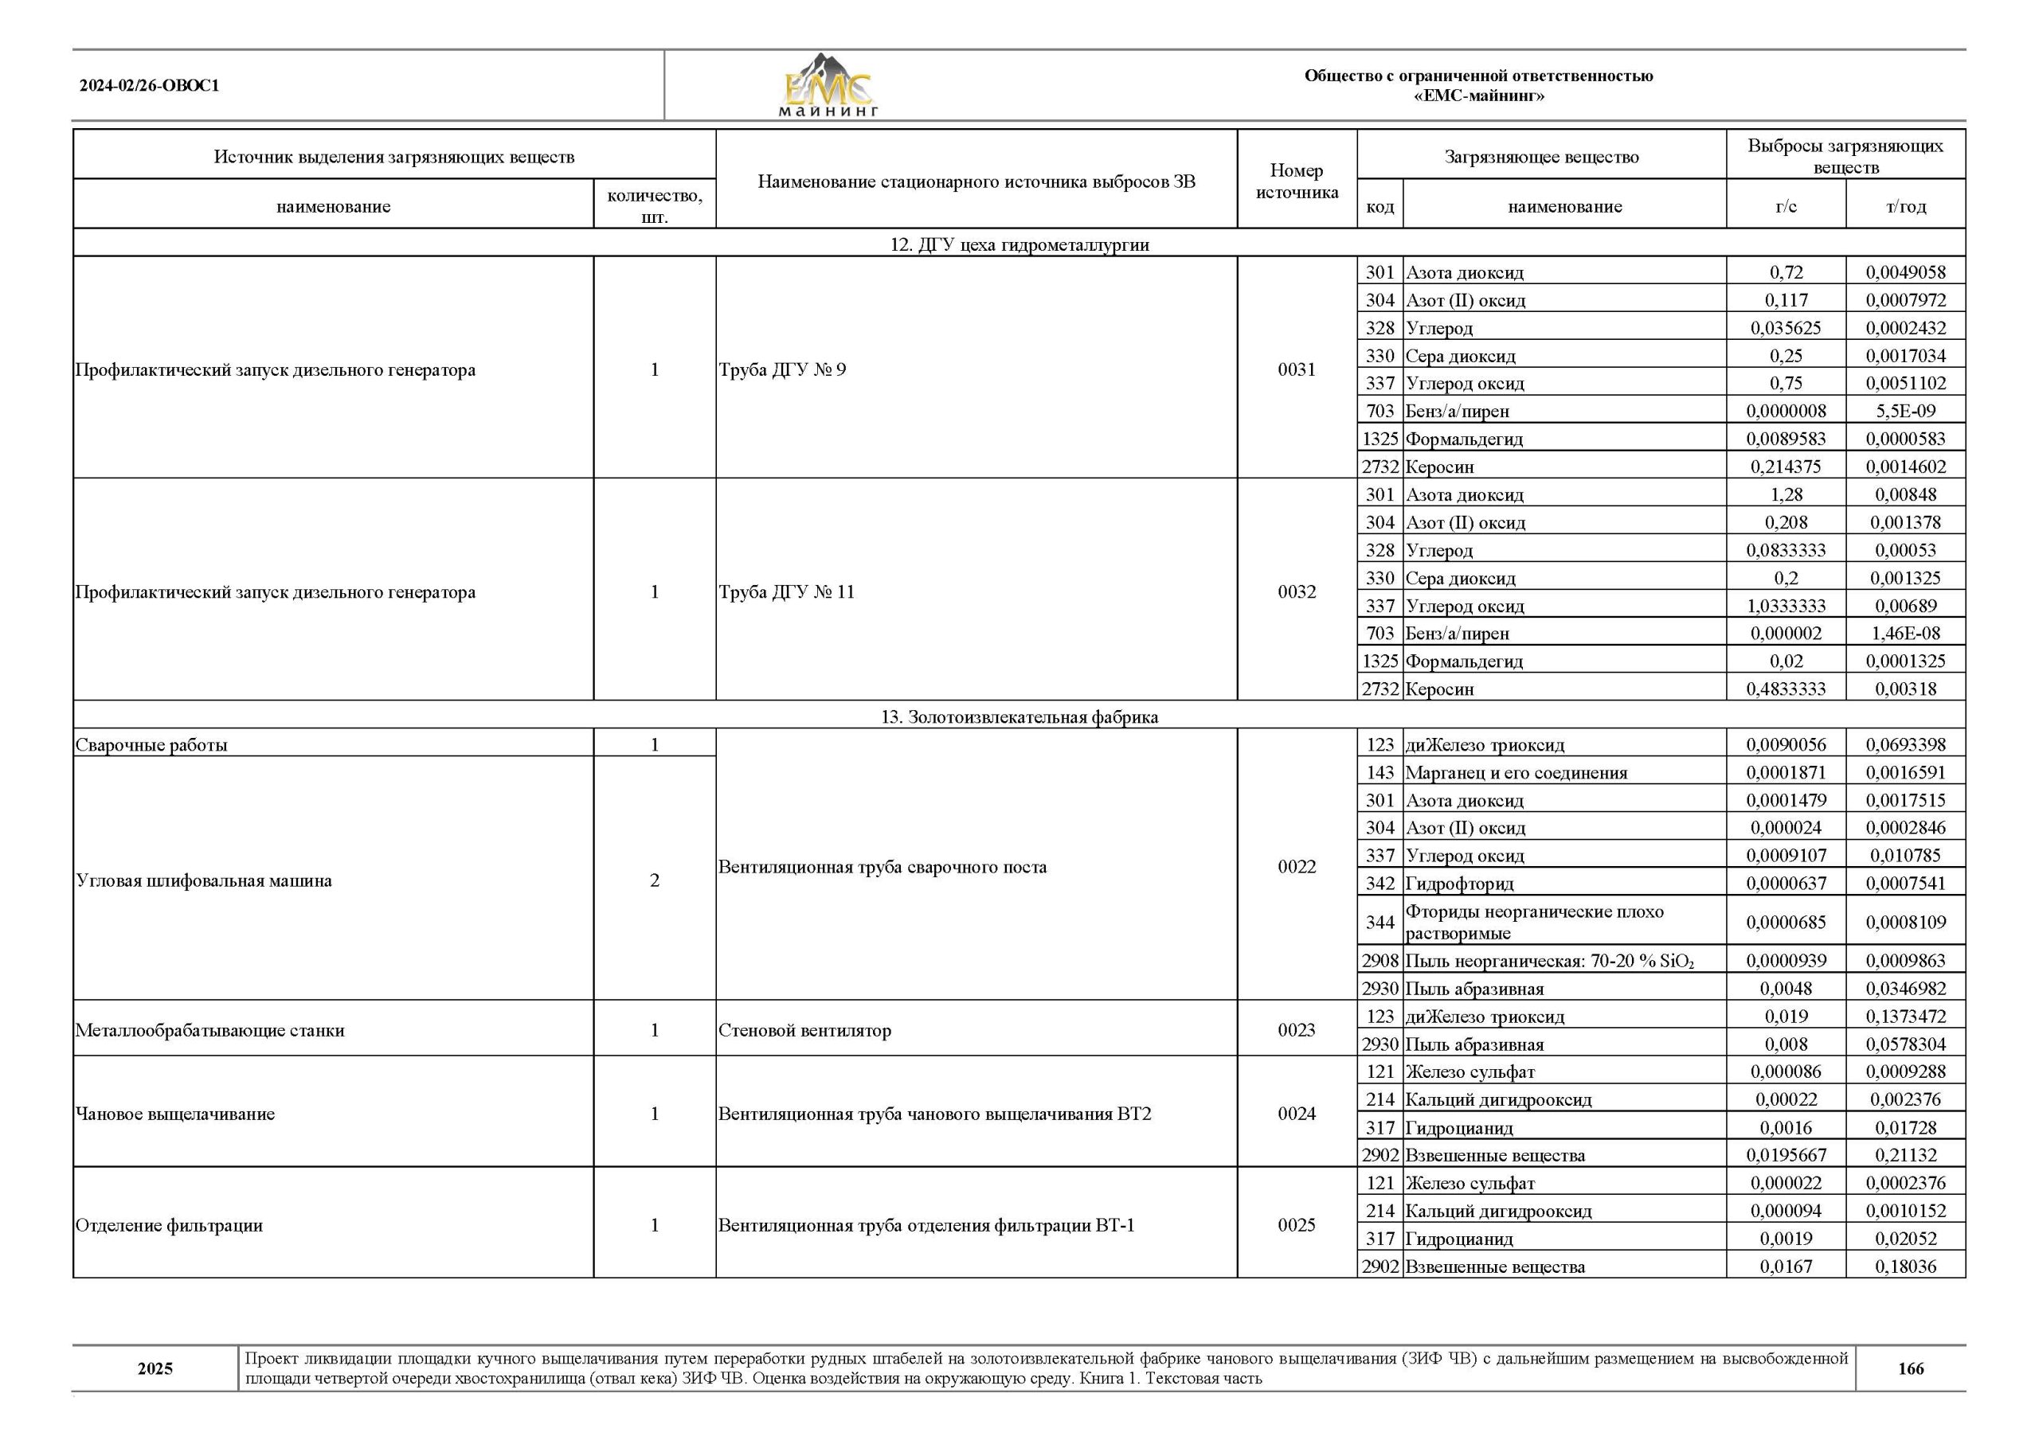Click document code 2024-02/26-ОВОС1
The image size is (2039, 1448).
tap(149, 87)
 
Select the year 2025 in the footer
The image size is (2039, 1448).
tap(155, 1368)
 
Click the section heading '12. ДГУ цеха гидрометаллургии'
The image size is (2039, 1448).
tap(1019, 244)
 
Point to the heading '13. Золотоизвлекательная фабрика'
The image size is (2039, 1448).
tap(1019, 717)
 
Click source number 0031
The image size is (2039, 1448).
tap(1296, 369)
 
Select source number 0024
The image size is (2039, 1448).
tap(1296, 1113)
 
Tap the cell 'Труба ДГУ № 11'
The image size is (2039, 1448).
tap(787, 592)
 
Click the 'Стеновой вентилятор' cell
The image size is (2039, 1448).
tap(804, 1031)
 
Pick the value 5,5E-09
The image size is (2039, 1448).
tap(1905, 411)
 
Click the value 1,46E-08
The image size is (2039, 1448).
tap(1905, 633)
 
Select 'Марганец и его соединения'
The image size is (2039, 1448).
tap(1517, 773)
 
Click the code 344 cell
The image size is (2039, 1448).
tap(1379, 922)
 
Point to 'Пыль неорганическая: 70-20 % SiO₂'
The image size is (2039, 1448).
tap(1548, 961)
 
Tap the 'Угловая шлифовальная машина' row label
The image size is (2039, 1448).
tap(204, 881)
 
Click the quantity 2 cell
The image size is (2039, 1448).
tap(654, 881)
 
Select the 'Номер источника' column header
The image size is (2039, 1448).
tap(1296, 181)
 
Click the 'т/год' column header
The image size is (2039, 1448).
tap(1905, 207)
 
